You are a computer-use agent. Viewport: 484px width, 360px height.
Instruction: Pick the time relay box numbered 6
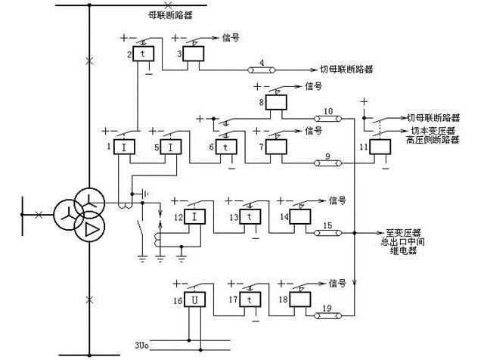click(225, 146)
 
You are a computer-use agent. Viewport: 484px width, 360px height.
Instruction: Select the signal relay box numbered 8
click(276, 103)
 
